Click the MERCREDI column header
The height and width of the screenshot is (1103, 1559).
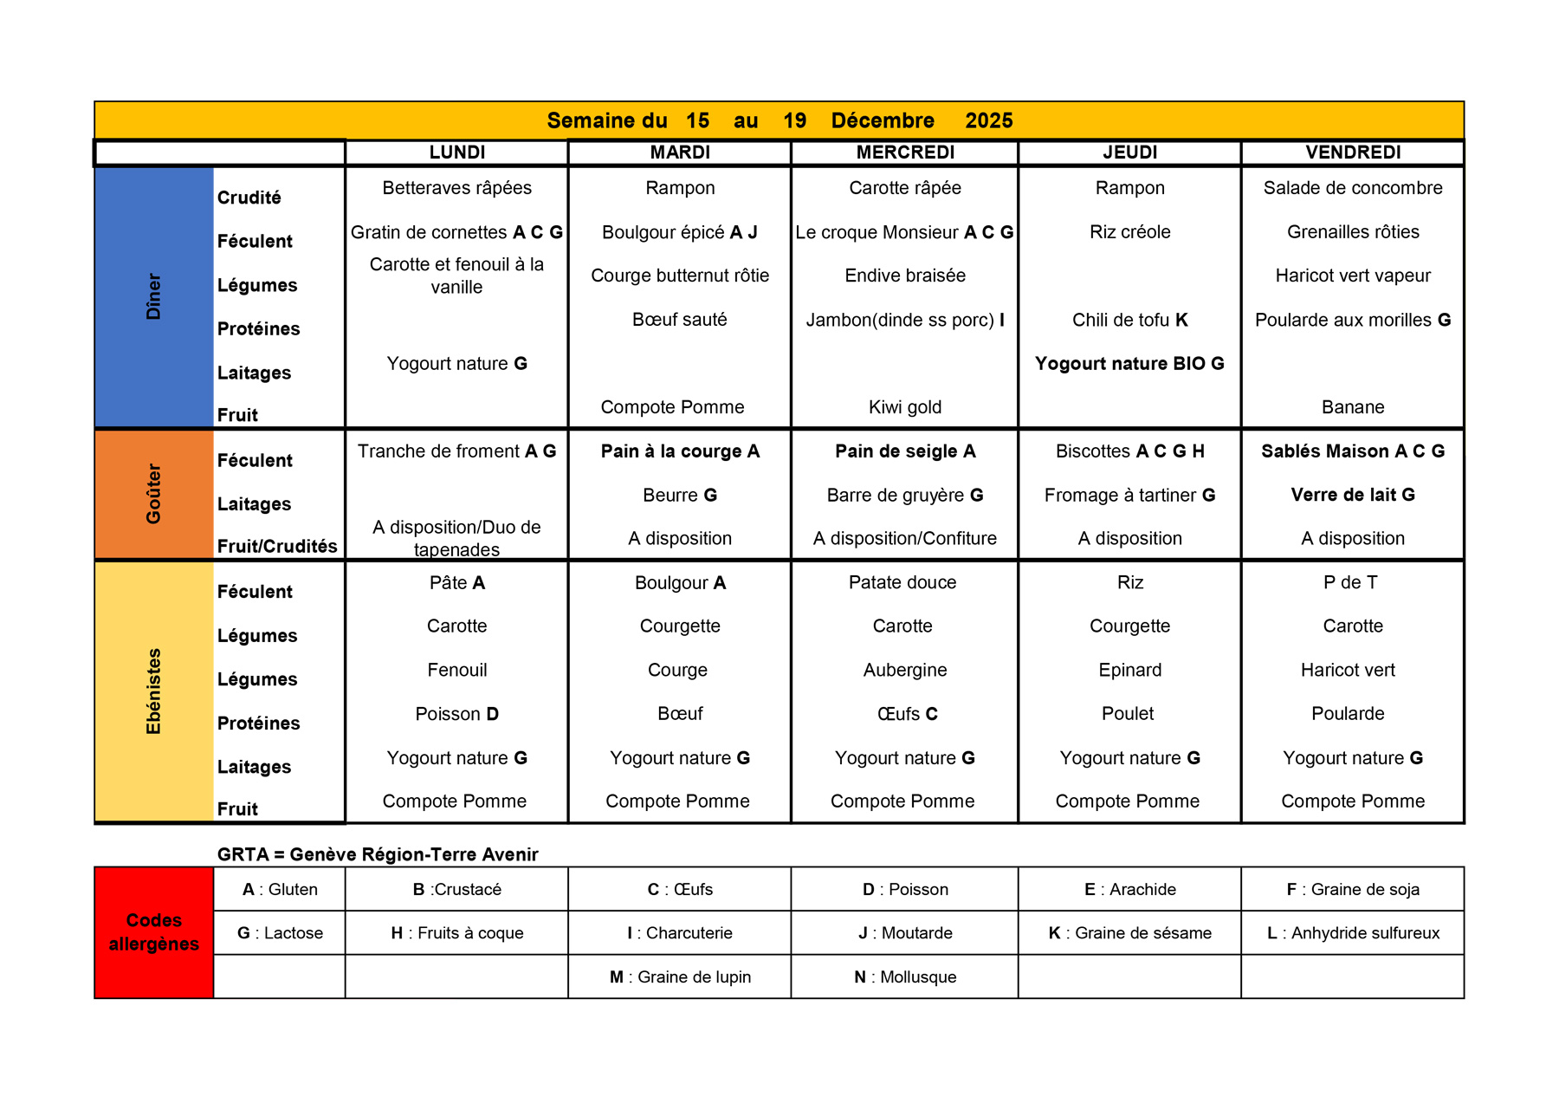tap(905, 152)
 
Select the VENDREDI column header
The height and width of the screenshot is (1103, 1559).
tap(1353, 152)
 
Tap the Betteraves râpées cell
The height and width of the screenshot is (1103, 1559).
tap(456, 188)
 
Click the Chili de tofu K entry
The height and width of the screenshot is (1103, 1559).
tap(1129, 320)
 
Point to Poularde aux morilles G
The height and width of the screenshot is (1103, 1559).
tap(1353, 320)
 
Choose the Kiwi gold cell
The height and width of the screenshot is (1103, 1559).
tap(905, 407)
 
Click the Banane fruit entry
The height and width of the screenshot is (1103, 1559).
tap(1353, 407)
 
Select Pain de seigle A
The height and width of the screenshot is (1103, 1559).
tap(905, 451)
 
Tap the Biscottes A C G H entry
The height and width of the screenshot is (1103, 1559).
tap(1129, 451)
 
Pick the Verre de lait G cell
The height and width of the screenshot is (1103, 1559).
tap(1353, 495)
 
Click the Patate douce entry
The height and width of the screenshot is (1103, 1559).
tap(902, 582)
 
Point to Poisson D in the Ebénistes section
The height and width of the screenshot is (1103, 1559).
tap(456, 714)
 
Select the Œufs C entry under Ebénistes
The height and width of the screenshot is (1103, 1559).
tap(907, 714)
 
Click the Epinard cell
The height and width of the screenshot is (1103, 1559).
tap(1129, 670)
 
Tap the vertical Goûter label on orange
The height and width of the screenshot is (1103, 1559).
tap(153, 494)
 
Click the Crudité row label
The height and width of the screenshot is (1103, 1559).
tap(249, 198)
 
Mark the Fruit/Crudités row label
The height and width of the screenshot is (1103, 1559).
tap(277, 546)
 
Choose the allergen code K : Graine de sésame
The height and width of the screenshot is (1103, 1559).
tap(1129, 933)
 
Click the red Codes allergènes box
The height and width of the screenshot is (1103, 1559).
tap(154, 932)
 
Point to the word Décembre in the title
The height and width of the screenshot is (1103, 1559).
tap(883, 120)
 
